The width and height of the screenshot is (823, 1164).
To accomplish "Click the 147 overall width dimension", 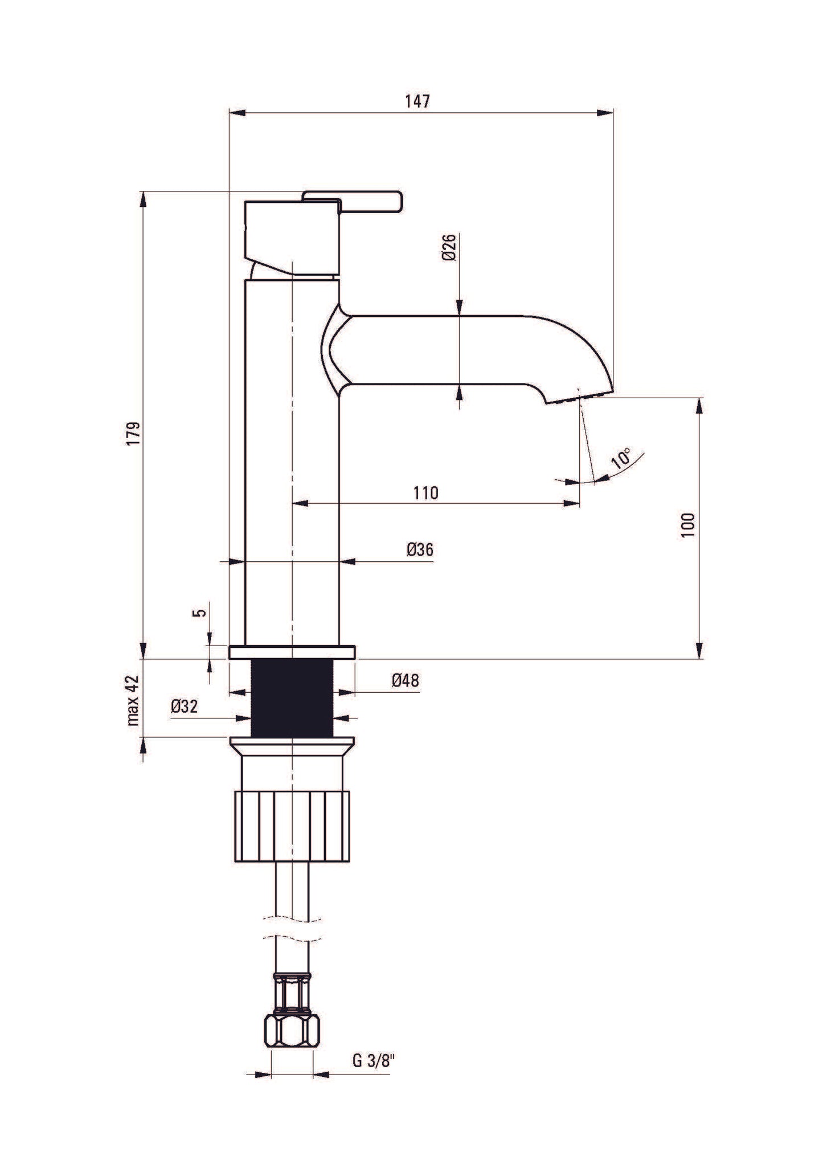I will (417, 102).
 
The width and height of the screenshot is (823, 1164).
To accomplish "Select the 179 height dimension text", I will (133, 434).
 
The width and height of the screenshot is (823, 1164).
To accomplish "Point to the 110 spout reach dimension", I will (426, 493).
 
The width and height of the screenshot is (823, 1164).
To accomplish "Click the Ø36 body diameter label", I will (420, 550).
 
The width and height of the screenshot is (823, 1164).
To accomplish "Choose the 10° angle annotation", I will (622, 458).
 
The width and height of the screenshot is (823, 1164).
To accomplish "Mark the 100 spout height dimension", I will (689, 524).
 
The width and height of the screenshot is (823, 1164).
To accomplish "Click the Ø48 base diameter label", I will (406, 680).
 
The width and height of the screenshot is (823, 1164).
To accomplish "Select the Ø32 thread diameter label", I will (184, 706).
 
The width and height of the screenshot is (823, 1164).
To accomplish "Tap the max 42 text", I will (133, 700).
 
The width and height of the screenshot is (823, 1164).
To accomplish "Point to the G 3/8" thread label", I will (373, 1060).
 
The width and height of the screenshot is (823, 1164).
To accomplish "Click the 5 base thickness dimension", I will (199, 613).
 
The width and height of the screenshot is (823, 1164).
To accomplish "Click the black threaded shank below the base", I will (292, 696).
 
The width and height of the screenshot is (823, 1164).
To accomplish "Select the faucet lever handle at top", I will (353, 201).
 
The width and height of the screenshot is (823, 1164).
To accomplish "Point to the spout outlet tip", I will (575, 397).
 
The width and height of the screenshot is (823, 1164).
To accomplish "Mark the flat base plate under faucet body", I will (292, 652).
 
